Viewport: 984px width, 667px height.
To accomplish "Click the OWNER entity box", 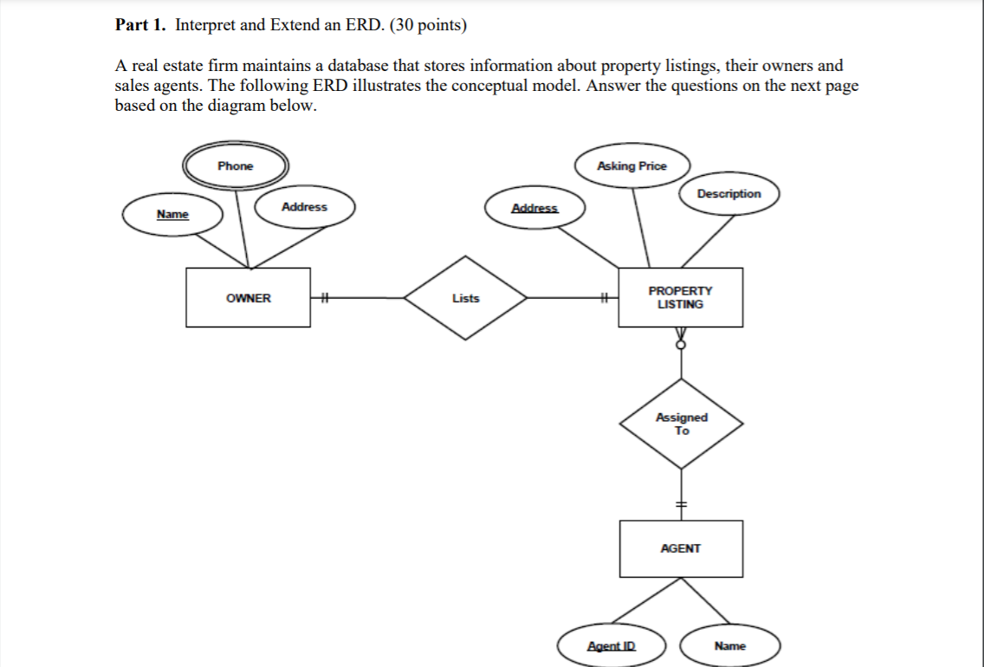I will click(x=248, y=297).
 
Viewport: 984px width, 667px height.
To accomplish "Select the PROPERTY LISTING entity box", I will click(x=680, y=297).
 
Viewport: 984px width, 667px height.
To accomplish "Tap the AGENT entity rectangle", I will click(x=680, y=548).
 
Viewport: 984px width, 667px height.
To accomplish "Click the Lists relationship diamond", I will click(x=465, y=298).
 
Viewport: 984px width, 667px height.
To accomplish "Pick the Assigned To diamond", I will click(x=681, y=424).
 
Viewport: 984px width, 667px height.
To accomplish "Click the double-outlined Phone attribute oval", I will click(x=236, y=165).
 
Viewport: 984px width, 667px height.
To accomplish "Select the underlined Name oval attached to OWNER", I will click(x=172, y=214).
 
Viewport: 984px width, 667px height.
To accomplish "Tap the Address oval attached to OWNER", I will click(x=304, y=207).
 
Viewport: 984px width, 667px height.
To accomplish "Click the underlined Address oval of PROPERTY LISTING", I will click(x=534, y=209).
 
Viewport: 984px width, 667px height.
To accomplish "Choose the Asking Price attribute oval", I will click(x=631, y=166).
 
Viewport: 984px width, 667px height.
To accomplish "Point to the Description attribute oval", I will click(x=728, y=194).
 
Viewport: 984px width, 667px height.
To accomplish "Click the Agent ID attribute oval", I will click(x=611, y=646).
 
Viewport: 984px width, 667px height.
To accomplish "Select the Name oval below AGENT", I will click(x=729, y=646).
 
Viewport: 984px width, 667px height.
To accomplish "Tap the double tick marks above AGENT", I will click(x=681, y=504).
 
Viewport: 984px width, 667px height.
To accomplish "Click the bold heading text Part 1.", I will click(x=140, y=25).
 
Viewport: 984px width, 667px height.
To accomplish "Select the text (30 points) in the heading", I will click(x=428, y=25).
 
